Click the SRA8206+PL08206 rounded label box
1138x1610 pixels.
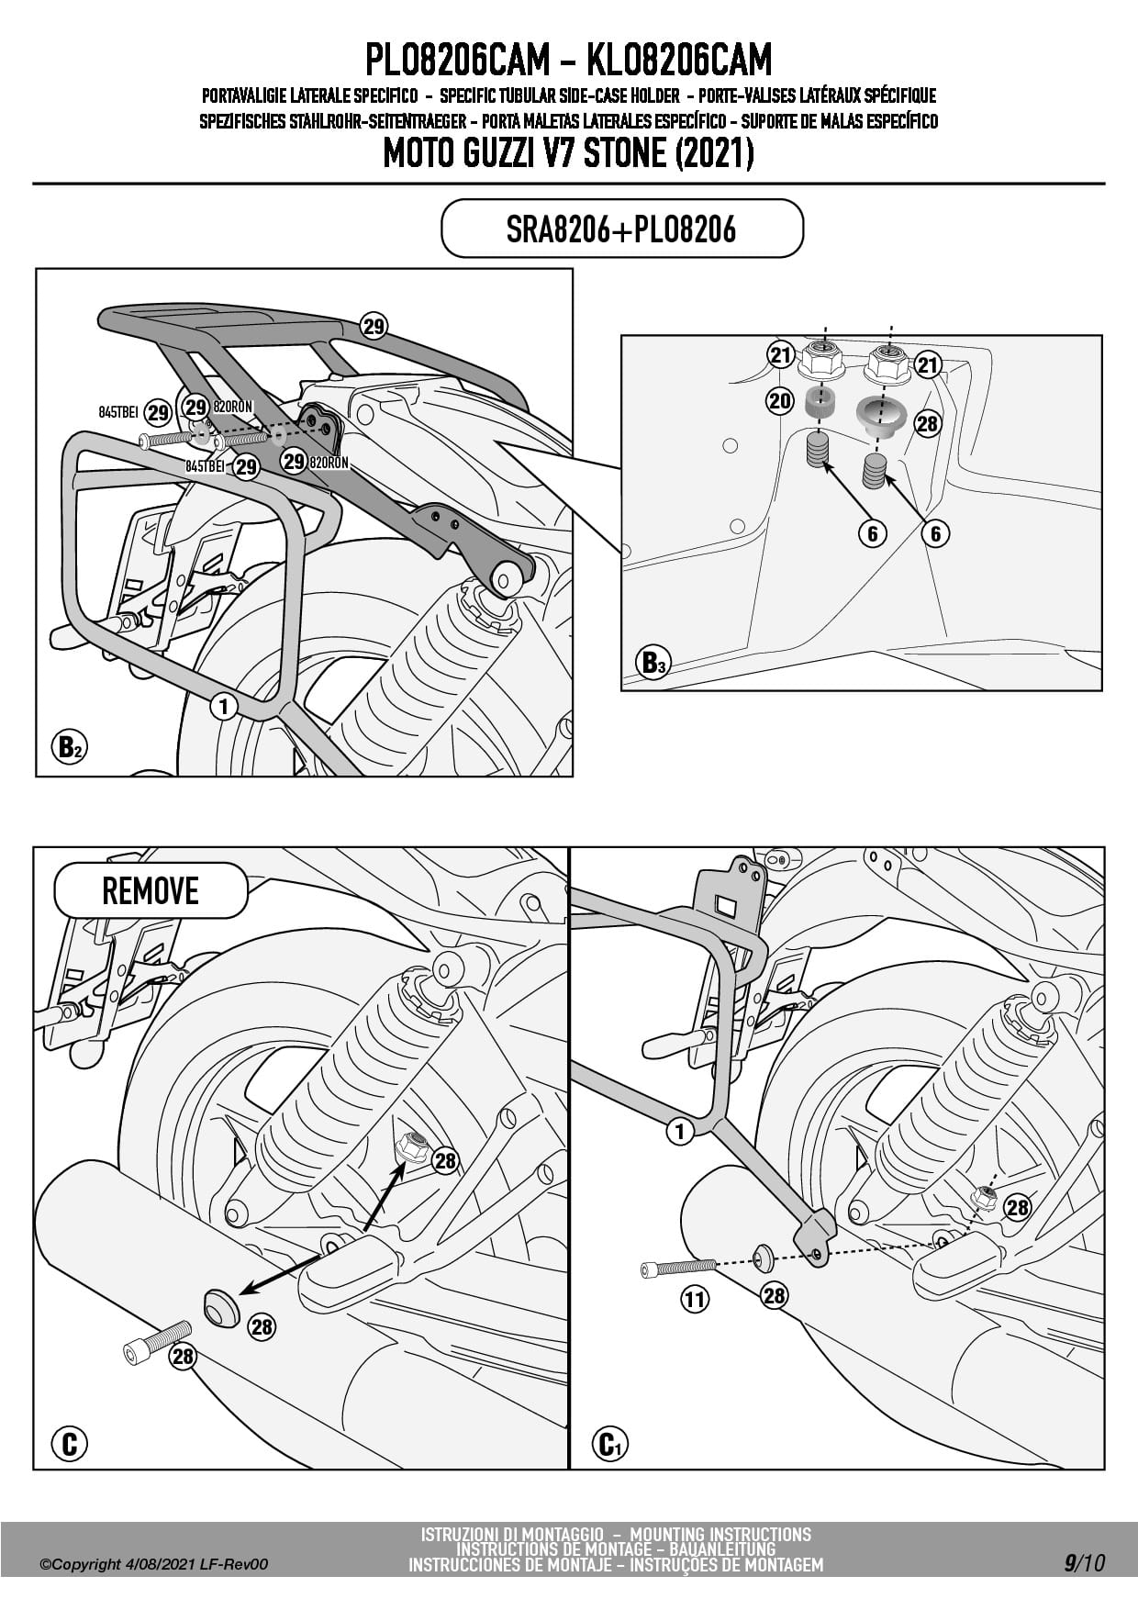(621, 229)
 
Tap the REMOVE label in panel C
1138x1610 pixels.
(151, 890)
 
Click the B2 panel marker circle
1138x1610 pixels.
(69, 747)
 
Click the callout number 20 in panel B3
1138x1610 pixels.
(780, 400)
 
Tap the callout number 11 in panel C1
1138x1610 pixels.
(695, 1299)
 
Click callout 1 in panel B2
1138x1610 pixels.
(223, 706)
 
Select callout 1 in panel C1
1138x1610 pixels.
(679, 1131)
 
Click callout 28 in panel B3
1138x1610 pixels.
(927, 423)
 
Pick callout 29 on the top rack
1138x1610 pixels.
(374, 326)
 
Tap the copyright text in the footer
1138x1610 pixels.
(153, 1564)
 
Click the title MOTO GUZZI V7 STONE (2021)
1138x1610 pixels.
(568, 153)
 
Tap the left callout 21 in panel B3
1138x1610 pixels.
(780, 355)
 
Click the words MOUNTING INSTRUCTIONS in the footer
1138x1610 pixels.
(720, 1534)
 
